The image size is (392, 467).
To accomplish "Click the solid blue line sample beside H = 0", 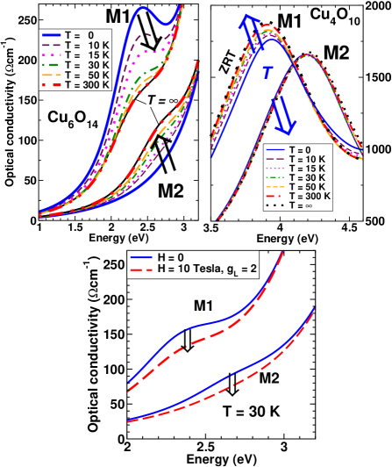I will coord(140,256).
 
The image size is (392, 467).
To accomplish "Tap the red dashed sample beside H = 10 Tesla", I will coord(140,269).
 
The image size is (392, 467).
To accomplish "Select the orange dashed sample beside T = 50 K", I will coord(52,75).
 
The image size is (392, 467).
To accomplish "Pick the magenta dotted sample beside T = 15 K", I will coord(52,54).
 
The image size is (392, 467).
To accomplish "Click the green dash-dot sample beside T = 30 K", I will coord(52,65).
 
